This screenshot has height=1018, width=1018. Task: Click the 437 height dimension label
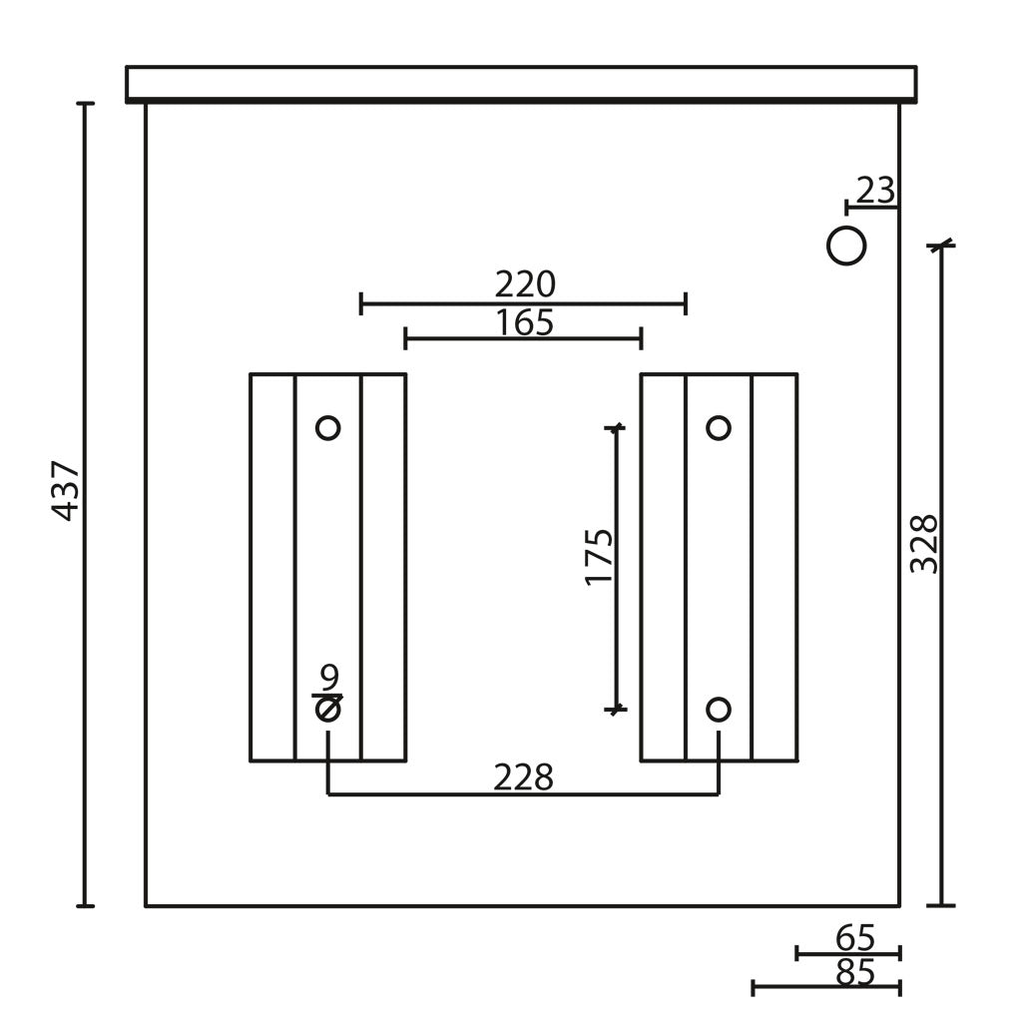click(x=65, y=491)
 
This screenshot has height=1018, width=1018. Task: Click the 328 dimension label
click(x=924, y=544)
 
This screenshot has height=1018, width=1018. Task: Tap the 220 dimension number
click(x=525, y=284)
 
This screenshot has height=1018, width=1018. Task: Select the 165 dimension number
click(x=525, y=322)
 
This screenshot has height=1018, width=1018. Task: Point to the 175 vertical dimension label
click(x=599, y=557)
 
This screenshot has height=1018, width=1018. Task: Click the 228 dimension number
click(x=523, y=777)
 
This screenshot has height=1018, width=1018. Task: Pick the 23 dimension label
click(x=876, y=191)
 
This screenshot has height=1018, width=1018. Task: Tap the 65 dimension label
click(x=855, y=937)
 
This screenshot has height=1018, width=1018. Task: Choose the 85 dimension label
click(x=855, y=973)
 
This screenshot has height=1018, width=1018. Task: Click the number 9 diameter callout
click(x=329, y=678)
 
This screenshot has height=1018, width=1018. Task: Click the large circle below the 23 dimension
click(x=846, y=247)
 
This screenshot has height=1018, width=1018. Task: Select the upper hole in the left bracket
click(x=328, y=428)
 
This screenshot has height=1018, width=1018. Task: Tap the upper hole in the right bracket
click(x=719, y=428)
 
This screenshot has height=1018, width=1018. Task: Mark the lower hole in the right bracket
click(x=719, y=710)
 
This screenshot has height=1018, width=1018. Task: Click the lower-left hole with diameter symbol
click(x=328, y=710)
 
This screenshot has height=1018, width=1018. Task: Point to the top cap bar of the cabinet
click(x=521, y=85)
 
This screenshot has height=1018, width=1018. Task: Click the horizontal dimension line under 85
click(x=826, y=988)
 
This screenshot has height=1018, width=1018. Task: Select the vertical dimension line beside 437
click(x=85, y=504)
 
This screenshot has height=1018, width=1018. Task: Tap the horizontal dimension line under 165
click(x=523, y=339)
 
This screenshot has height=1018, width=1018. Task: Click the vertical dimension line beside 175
click(x=616, y=569)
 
